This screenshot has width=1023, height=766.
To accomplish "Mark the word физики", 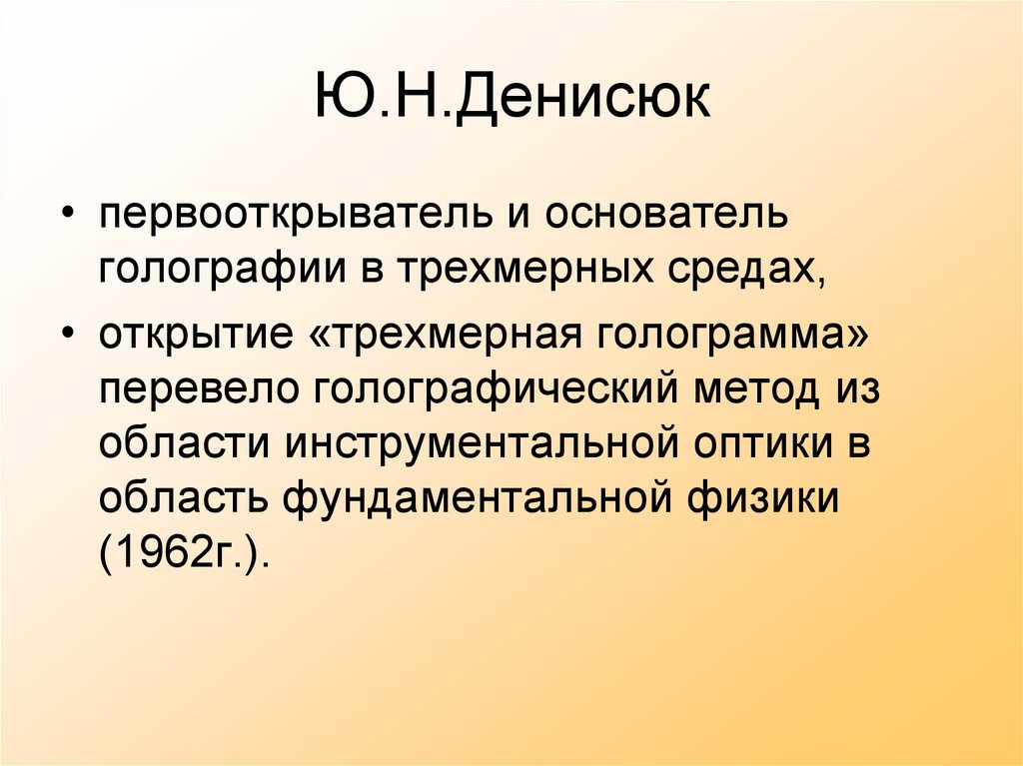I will pyautogui.click(x=768, y=498).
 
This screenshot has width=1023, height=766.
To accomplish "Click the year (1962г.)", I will pyautogui.click(x=185, y=554).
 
